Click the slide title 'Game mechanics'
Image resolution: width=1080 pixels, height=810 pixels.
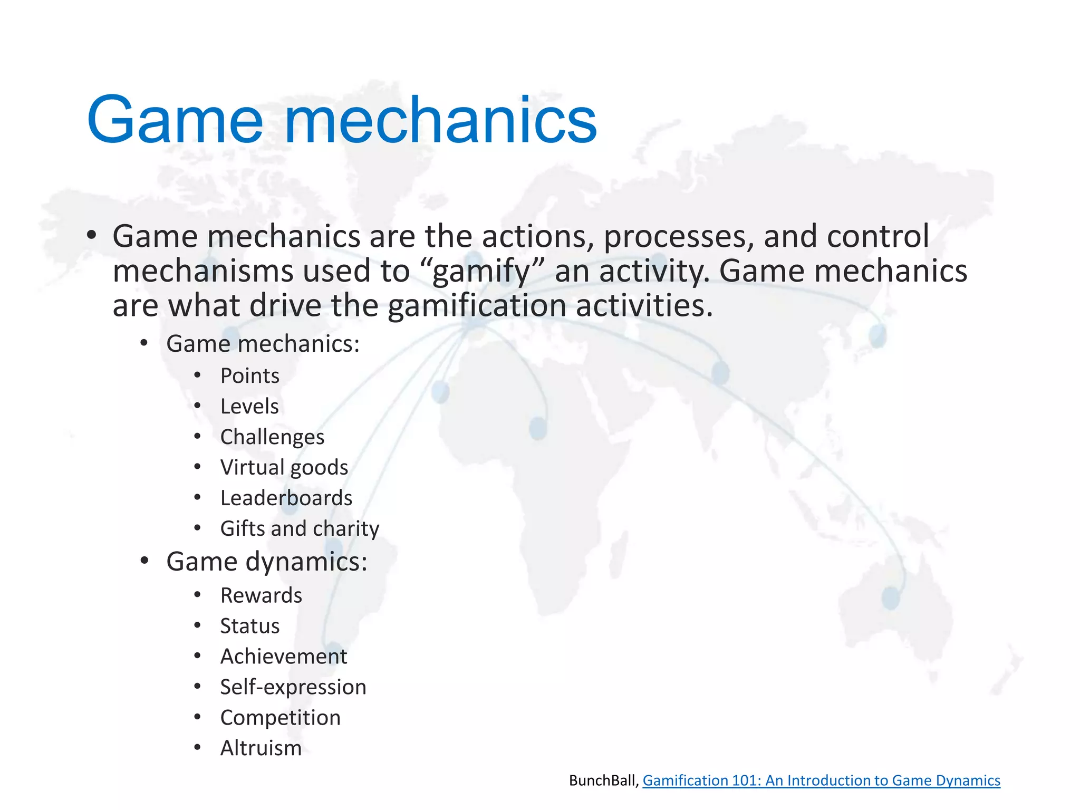342,120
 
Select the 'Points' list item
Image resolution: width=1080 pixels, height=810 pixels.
249,376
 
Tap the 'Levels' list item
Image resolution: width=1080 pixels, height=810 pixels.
249,407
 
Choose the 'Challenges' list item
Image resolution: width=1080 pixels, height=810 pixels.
272,437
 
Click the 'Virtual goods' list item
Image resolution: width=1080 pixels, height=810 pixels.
284,468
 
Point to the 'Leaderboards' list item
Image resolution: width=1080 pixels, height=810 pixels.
286,498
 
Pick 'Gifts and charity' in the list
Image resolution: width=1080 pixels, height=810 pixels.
300,529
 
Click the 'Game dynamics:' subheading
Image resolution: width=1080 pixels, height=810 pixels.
266,561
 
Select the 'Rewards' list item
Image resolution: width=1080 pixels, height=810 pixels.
261,595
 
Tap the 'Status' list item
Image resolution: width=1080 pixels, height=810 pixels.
250,626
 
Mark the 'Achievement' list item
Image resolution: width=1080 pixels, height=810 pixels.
284,657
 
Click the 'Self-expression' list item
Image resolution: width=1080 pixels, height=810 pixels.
293,687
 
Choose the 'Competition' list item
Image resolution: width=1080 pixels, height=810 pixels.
281,718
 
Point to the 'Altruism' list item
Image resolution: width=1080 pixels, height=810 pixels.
261,748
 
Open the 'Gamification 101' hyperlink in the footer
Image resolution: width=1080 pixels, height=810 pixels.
821,780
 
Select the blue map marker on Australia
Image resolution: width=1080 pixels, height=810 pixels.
891,597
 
